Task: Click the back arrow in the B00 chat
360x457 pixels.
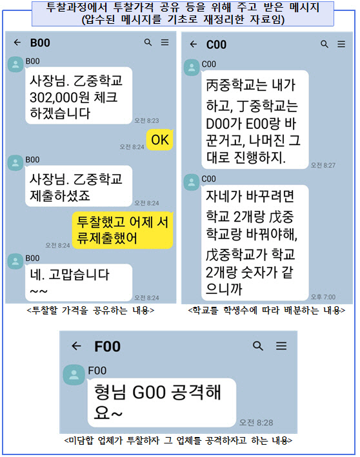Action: pos(17,43)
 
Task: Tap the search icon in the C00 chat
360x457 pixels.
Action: pos(324,44)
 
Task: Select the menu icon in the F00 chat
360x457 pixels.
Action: pos(281,345)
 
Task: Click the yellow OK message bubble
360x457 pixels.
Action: pos(160,140)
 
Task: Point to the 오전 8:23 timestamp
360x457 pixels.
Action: pos(146,121)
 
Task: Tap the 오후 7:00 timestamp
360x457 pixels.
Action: pos(323,297)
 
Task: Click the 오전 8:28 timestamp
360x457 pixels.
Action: pos(256,423)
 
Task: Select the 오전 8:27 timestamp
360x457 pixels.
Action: pos(323,165)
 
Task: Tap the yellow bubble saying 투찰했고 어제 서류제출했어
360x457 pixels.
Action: pos(123,230)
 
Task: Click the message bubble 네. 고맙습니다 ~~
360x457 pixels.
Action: pos(79,282)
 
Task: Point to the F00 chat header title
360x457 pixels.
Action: pos(107,347)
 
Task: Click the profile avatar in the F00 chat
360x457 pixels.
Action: pos(74,374)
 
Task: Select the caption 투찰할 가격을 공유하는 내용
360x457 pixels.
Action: pos(90,311)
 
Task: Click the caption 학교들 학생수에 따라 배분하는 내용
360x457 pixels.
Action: pos(266,311)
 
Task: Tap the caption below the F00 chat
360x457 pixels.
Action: pos(178,440)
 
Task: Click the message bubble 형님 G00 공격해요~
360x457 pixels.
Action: pos(162,402)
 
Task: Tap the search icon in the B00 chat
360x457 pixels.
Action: pos(148,43)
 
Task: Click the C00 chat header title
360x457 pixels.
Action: pos(216,44)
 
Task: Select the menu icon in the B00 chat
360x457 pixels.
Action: pos(165,43)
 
